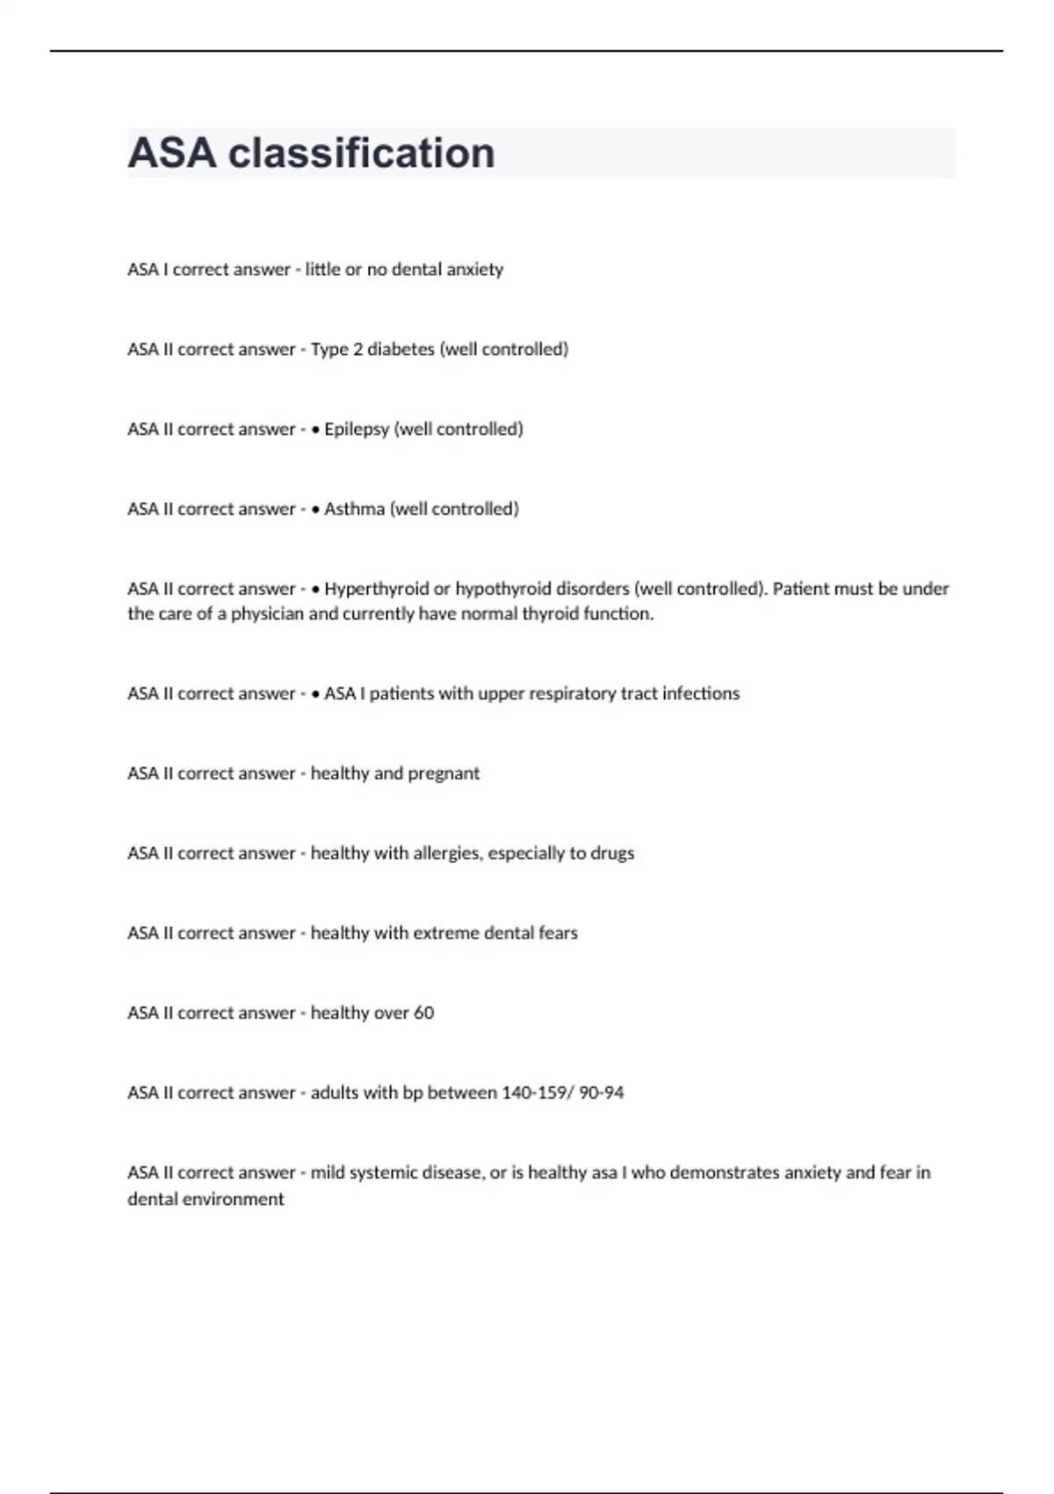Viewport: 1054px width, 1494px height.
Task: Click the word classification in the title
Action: pyautogui.click(x=361, y=153)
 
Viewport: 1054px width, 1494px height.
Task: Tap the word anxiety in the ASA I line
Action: pyautogui.click(x=474, y=270)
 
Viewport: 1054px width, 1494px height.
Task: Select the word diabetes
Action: pyautogui.click(x=401, y=350)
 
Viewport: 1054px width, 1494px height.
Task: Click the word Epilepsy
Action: pyautogui.click(x=356, y=430)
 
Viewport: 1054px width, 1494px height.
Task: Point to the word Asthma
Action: pyautogui.click(x=354, y=510)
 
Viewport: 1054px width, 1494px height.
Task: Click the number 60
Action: pyautogui.click(x=423, y=1013)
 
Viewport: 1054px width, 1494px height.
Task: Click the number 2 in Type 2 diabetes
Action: pyautogui.click(x=357, y=350)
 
